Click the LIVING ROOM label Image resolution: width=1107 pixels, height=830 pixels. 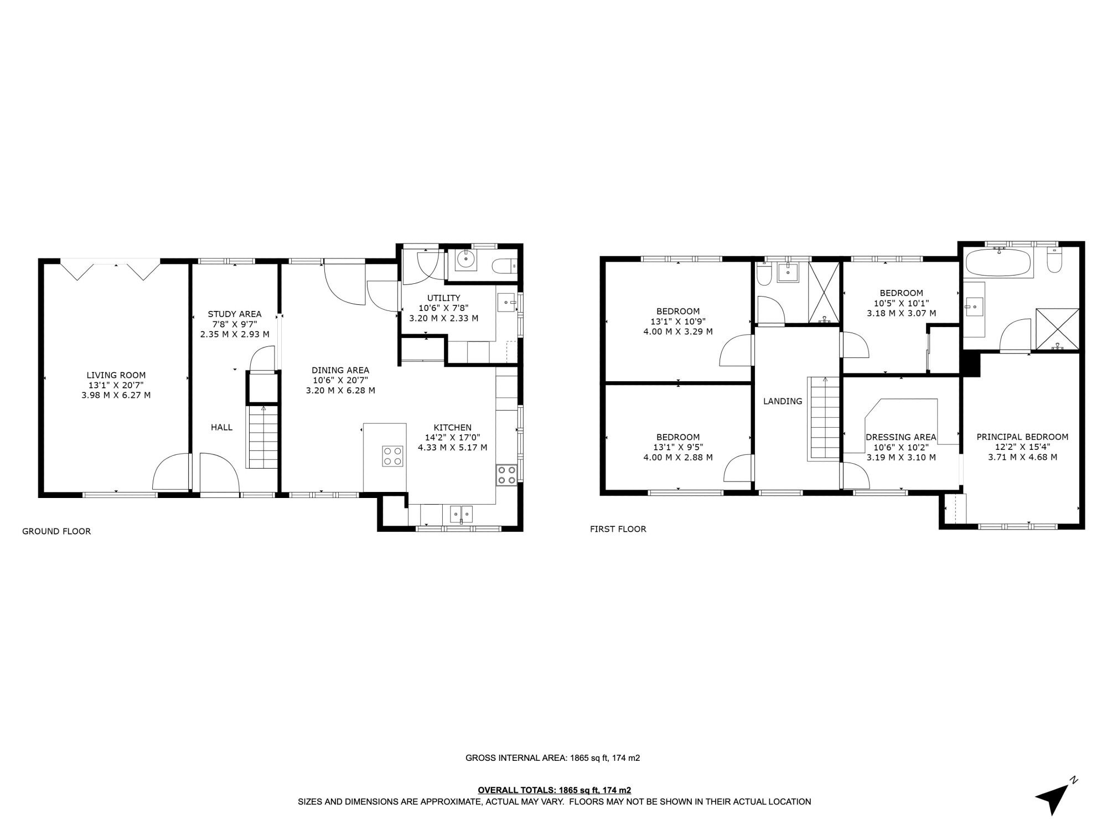click(x=116, y=375)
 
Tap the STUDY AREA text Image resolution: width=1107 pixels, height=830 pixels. click(x=234, y=314)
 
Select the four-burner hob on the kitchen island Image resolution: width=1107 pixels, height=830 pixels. click(x=393, y=456)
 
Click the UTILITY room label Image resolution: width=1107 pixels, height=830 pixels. click(x=443, y=298)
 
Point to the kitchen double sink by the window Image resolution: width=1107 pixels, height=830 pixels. click(x=462, y=514)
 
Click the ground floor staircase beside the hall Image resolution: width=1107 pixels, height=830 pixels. click(x=263, y=437)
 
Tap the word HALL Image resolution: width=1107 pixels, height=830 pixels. click(x=221, y=427)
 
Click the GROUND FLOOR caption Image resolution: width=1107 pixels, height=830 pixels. click(x=56, y=531)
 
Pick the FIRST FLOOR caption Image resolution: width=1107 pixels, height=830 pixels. click(x=618, y=529)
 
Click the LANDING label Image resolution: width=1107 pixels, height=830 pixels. click(x=782, y=401)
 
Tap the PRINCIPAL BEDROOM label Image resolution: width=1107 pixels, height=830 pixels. click(x=1022, y=437)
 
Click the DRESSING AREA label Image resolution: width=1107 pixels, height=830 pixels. click(x=901, y=437)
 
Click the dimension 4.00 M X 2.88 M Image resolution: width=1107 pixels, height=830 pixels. click(x=677, y=458)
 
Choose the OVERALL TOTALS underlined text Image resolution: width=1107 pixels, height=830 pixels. click(x=554, y=790)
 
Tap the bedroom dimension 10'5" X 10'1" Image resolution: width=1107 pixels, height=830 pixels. click(x=901, y=303)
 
